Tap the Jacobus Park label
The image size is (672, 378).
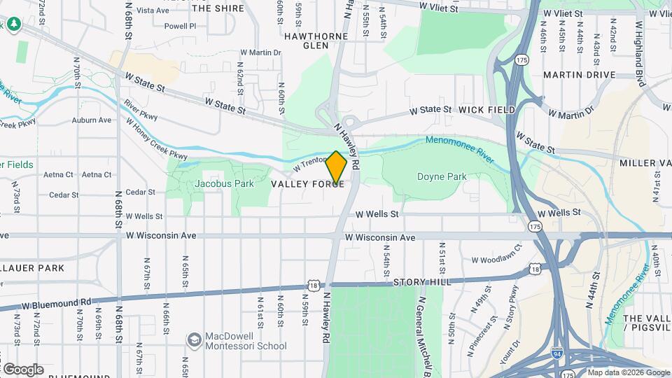point(224,183)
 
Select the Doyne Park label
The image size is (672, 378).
point(442,177)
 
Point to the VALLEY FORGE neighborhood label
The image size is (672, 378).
point(307,183)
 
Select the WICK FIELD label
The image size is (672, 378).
point(487,110)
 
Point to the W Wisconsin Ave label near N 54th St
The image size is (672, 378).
point(380,238)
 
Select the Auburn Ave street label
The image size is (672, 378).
point(92,120)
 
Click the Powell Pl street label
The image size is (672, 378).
point(161,26)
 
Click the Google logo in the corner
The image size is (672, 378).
point(22,369)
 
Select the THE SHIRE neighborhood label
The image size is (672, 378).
point(218,8)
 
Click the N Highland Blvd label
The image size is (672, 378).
point(639,42)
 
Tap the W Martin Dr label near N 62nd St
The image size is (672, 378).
point(260,52)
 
